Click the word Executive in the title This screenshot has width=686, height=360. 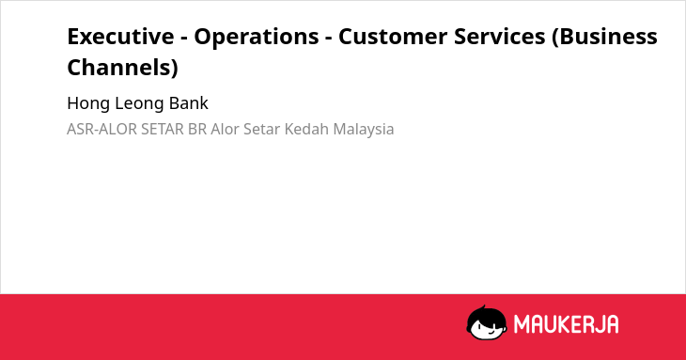pyautogui.click(x=120, y=37)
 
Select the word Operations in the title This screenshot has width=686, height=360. pyautogui.click(x=257, y=38)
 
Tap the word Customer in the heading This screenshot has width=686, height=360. pyautogui.click(x=393, y=37)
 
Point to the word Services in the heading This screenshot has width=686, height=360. pyautogui.click(x=500, y=37)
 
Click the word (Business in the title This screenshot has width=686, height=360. pyautogui.click(x=604, y=38)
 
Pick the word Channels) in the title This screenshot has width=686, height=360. pyautogui.click(x=122, y=68)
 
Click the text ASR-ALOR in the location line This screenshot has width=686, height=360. pyautogui.click(x=101, y=130)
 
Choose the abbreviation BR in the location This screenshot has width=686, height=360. pyautogui.click(x=197, y=130)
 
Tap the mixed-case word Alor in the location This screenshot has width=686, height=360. pyautogui.click(x=225, y=130)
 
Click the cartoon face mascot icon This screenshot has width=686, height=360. pyautogui.click(x=487, y=322)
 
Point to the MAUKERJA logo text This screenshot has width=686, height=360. pyautogui.click(x=566, y=324)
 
